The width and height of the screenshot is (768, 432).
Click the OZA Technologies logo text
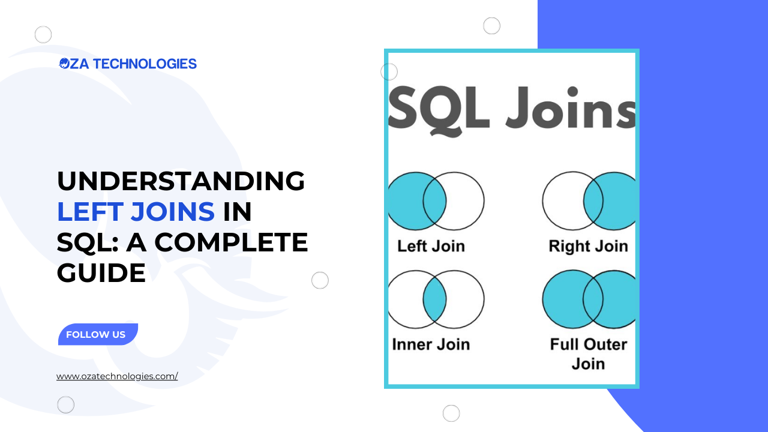[128, 64]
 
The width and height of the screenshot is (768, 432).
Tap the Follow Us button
[97, 335]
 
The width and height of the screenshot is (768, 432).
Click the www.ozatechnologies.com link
[117, 377]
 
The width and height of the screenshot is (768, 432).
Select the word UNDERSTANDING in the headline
[181, 181]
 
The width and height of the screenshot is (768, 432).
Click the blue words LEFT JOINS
[136, 212]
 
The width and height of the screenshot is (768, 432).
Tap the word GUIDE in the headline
[101, 273]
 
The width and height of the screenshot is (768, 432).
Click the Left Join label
[431, 246]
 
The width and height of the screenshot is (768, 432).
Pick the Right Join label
[588, 246]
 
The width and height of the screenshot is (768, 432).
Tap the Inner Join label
[431, 344]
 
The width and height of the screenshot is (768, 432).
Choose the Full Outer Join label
[588, 353]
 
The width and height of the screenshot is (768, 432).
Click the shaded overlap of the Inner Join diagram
[434, 299]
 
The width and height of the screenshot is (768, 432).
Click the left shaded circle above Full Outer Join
[562, 299]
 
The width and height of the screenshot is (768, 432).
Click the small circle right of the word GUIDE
[320, 280]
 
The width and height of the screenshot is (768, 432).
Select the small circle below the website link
[66, 405]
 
